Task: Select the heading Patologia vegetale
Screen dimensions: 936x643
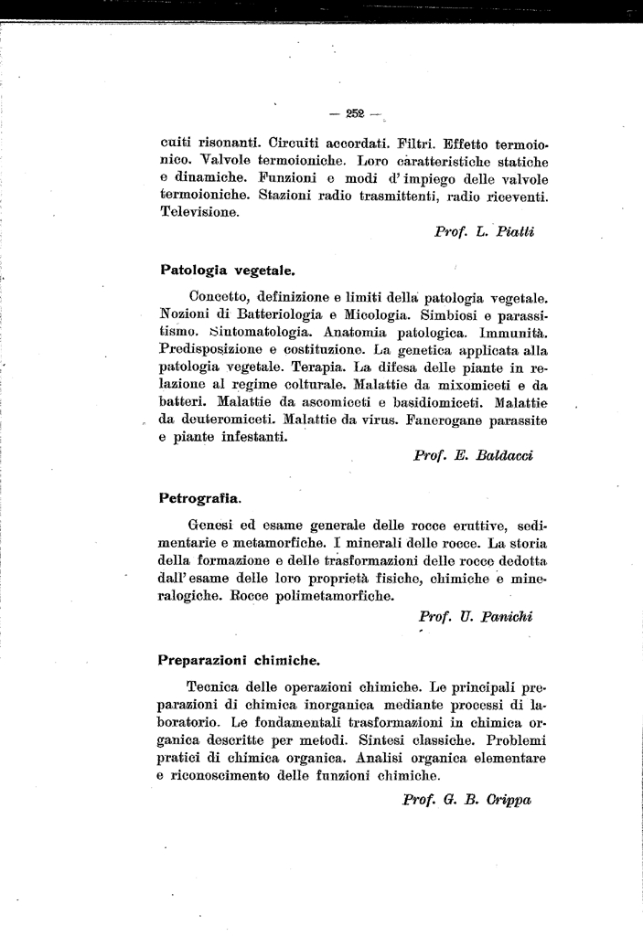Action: pyautogui.click(x=226, y=271)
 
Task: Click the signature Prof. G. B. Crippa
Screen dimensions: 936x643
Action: pyautogui.click(x=466, y=799)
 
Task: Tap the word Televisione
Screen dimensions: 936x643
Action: pyautogui.click(x=199, y=212)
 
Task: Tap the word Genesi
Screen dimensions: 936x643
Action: pyautogui.click(x=212, y=526)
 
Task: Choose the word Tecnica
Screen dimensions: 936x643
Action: pyautogui.click(x=216, y=686)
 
